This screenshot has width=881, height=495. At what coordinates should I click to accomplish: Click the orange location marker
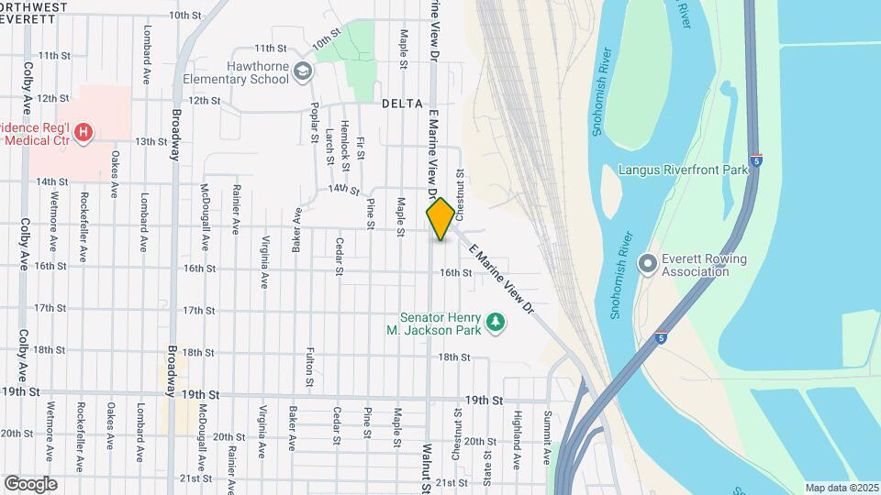point(440,218)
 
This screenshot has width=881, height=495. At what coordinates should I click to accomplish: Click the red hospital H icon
point(84,132)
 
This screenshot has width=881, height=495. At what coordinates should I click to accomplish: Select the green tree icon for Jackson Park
point(496,322)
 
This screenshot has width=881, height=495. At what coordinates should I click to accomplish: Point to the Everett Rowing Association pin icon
point(648,264)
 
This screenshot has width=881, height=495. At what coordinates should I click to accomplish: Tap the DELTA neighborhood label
point(402,104)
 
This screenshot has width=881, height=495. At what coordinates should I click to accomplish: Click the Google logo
point(30,483)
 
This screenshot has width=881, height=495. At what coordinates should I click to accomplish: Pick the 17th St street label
point(198,311)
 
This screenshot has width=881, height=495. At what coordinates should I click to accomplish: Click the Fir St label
point(361,148)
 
